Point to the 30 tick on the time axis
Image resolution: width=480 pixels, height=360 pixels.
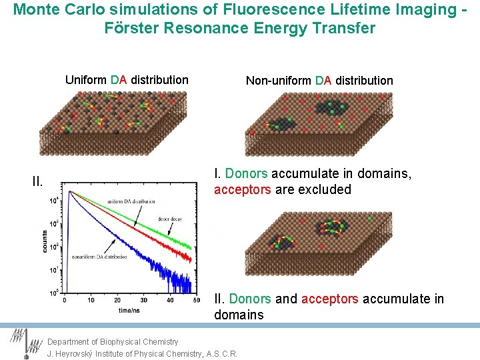143,301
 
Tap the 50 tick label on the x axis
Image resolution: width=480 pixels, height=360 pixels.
195,301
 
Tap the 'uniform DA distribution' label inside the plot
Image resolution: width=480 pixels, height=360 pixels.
133,201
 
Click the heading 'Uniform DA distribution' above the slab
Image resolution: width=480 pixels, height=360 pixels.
127,80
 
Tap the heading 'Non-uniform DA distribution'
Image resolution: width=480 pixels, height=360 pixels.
319,81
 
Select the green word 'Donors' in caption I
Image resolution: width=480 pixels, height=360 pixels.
247,173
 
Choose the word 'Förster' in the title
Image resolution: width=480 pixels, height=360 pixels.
131,29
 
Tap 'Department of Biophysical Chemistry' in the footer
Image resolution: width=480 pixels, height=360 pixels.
113,342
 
